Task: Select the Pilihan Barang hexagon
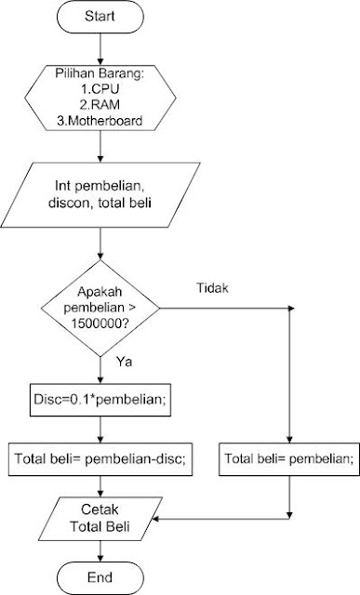pos(100,97)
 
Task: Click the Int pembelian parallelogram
pos(100,195)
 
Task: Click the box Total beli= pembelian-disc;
pos(100,458)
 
